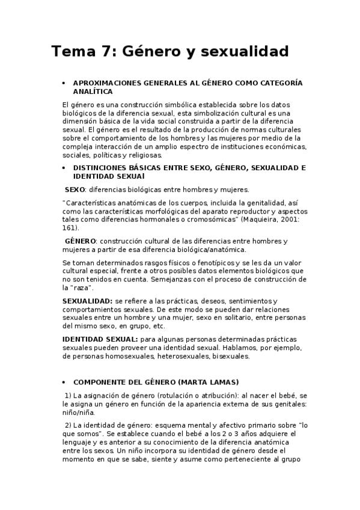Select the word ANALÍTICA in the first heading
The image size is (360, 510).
point(92,91)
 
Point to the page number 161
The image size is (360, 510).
point(69,229)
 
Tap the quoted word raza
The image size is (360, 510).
point(75,289)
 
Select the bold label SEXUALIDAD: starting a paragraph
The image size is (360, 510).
point(87,301)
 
